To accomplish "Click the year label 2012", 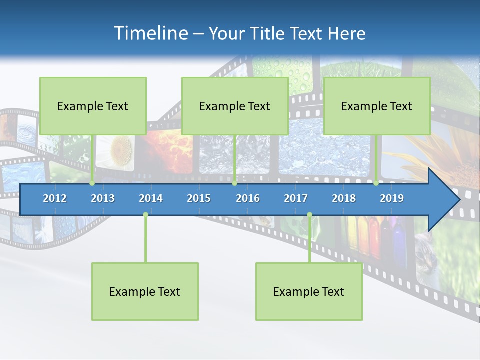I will (55, 198).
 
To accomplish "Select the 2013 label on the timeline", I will (103, 198).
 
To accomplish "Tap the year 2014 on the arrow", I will (151, 198).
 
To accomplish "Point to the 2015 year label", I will (199, 198).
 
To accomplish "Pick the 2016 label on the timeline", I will (248, 198).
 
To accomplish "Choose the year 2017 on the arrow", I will (296, 198).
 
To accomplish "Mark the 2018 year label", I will (344, 198).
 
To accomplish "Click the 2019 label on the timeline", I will (392, 198).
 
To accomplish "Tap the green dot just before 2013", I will (92, 183).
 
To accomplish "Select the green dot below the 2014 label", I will (145, 215).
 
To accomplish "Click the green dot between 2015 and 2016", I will (234, 183).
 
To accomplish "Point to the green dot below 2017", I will (309, 215).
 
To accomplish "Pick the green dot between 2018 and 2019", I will (376, 183).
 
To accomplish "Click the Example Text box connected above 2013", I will (93, 106).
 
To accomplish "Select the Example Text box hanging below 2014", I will (145, 292).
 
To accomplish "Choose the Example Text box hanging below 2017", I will (309, 292).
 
